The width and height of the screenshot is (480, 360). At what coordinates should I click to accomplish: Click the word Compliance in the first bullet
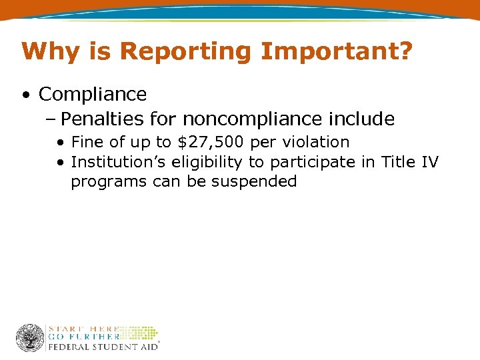(x=93, y=95)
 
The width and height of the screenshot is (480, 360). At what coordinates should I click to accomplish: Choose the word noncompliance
(x=253, y=119)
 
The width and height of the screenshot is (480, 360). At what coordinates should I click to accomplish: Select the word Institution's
(x=120, y=162)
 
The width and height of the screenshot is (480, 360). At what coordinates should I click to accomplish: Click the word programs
(x=109, y=182)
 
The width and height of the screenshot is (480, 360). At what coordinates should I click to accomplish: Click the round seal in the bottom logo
(x=30, y=338)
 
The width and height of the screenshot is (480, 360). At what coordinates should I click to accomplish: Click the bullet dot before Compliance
(x=25, y=95)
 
